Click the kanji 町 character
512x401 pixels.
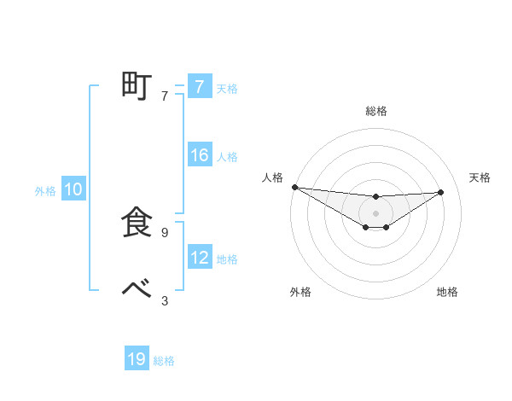point(137,86)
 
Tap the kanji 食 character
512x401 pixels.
point(137,223)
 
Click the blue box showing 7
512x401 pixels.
point(199,86)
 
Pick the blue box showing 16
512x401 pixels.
point(199,155)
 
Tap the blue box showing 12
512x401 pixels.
point(199,258)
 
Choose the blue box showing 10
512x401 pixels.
point(73,190)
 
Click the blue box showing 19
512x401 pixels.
point(137,359)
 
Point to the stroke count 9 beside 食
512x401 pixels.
point(165,232)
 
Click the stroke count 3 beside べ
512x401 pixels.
point(165,299)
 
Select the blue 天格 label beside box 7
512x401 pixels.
point(227,88)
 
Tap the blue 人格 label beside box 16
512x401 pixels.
point(227,157)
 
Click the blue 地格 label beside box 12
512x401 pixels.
point(227,259)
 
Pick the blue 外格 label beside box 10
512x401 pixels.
point(45,191)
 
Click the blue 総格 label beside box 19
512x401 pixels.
point(164,361)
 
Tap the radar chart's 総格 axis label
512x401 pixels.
point(375,111)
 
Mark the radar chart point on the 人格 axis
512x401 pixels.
point(294,187)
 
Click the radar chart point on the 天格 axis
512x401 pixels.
point(441,192)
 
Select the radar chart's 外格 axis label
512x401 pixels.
point(300,292)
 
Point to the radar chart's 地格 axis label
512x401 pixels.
point(447,292)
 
